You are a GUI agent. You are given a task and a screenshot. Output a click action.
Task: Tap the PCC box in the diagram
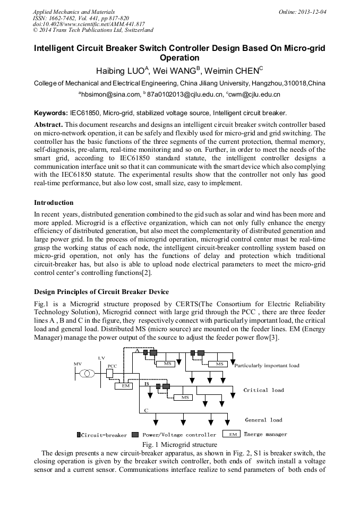109,374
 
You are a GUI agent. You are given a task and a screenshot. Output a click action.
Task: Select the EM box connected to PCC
126,386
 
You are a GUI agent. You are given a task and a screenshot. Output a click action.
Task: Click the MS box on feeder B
185,397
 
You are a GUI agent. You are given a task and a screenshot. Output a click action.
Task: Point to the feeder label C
147,411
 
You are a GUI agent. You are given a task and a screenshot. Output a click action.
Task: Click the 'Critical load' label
263,390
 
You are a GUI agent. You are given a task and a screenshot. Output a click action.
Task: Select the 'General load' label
263,420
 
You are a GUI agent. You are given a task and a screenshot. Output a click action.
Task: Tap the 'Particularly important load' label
267,366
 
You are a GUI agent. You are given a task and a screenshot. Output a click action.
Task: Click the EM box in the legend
231,434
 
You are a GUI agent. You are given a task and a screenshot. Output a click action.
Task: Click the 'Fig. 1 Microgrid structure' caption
179,444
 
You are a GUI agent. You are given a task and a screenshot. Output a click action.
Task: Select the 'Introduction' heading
54,203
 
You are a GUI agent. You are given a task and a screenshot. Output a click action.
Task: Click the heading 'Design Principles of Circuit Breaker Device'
101,292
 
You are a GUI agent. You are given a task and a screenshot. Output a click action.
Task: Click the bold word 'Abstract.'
49,124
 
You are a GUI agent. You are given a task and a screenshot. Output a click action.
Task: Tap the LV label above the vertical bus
101,358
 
